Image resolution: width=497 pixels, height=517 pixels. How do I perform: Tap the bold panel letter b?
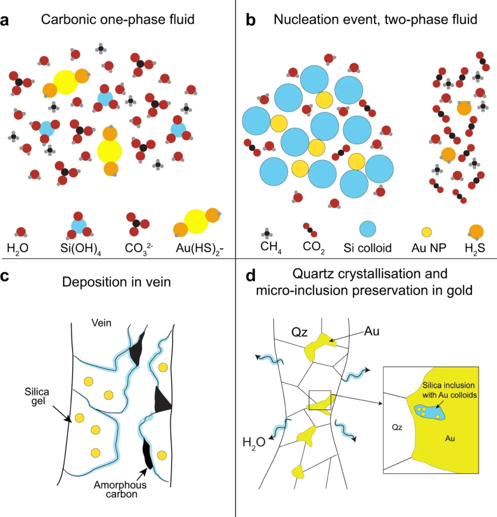click(x=250, y=21)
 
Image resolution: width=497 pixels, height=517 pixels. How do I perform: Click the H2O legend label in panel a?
click(x=18, y=248)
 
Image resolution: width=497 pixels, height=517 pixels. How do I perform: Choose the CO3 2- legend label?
click(x=140, y=248)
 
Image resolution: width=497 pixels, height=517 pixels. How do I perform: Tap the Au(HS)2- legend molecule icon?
click(x=197, y=222)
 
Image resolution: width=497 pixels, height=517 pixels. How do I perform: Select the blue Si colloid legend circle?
click(x=370, y=229)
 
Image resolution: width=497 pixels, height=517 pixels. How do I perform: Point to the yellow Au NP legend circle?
click(x=426, y=232)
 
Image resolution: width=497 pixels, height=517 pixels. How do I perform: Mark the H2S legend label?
click(x=473, y=248)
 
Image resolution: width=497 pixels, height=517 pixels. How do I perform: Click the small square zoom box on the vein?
click(x=319, y=402)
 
